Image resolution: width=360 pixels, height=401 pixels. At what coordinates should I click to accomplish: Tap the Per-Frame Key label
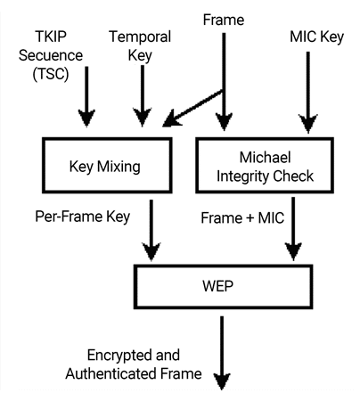(x=81, y=216)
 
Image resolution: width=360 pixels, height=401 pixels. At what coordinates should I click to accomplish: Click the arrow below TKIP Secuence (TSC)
(x=86, y=100)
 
